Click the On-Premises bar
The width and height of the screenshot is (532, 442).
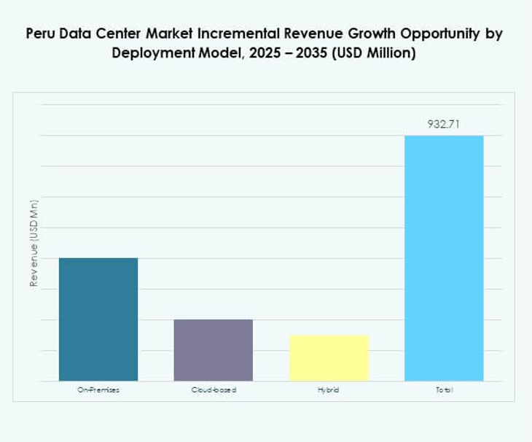click(98, 319)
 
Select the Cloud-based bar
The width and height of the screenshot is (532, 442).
click(214, 350)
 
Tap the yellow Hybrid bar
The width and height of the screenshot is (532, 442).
click(329, 357)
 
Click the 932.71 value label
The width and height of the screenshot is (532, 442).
click(444, 124)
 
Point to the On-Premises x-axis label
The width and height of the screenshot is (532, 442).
click(98, 390)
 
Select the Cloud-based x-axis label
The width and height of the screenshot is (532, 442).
click(214, 390)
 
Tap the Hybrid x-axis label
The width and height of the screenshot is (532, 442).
click(329, 390)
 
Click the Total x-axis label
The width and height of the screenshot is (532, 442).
click(444, 390)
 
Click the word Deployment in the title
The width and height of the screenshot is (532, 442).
click(151, 54)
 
